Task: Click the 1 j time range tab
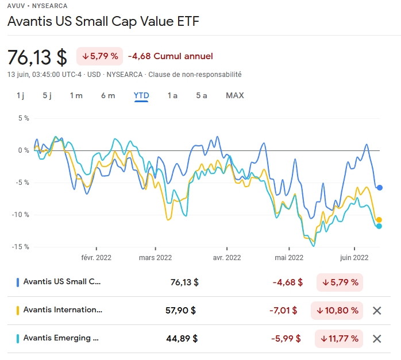tap(20, 95)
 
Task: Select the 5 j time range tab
tap(47, 95)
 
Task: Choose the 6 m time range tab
tap(108, 95)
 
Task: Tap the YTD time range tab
tap(141, 95)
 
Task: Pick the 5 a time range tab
tap(201, 95)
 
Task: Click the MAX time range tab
tap(234, 95)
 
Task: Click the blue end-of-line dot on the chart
tap(380, 188)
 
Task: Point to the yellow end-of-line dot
tap(379, 220)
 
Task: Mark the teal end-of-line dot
tap(379, 226)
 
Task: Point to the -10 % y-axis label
tap(21, 215)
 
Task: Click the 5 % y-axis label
tap(23, 118)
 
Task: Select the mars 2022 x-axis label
tap(155, 258)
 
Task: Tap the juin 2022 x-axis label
tap(352, 258)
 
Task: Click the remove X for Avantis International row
tap(377, 311)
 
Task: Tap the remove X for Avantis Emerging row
tap(377, 339)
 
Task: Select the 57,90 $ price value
tap(180, 311)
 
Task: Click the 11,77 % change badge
tap(339, 339)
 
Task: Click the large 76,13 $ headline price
tap(37, 57)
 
